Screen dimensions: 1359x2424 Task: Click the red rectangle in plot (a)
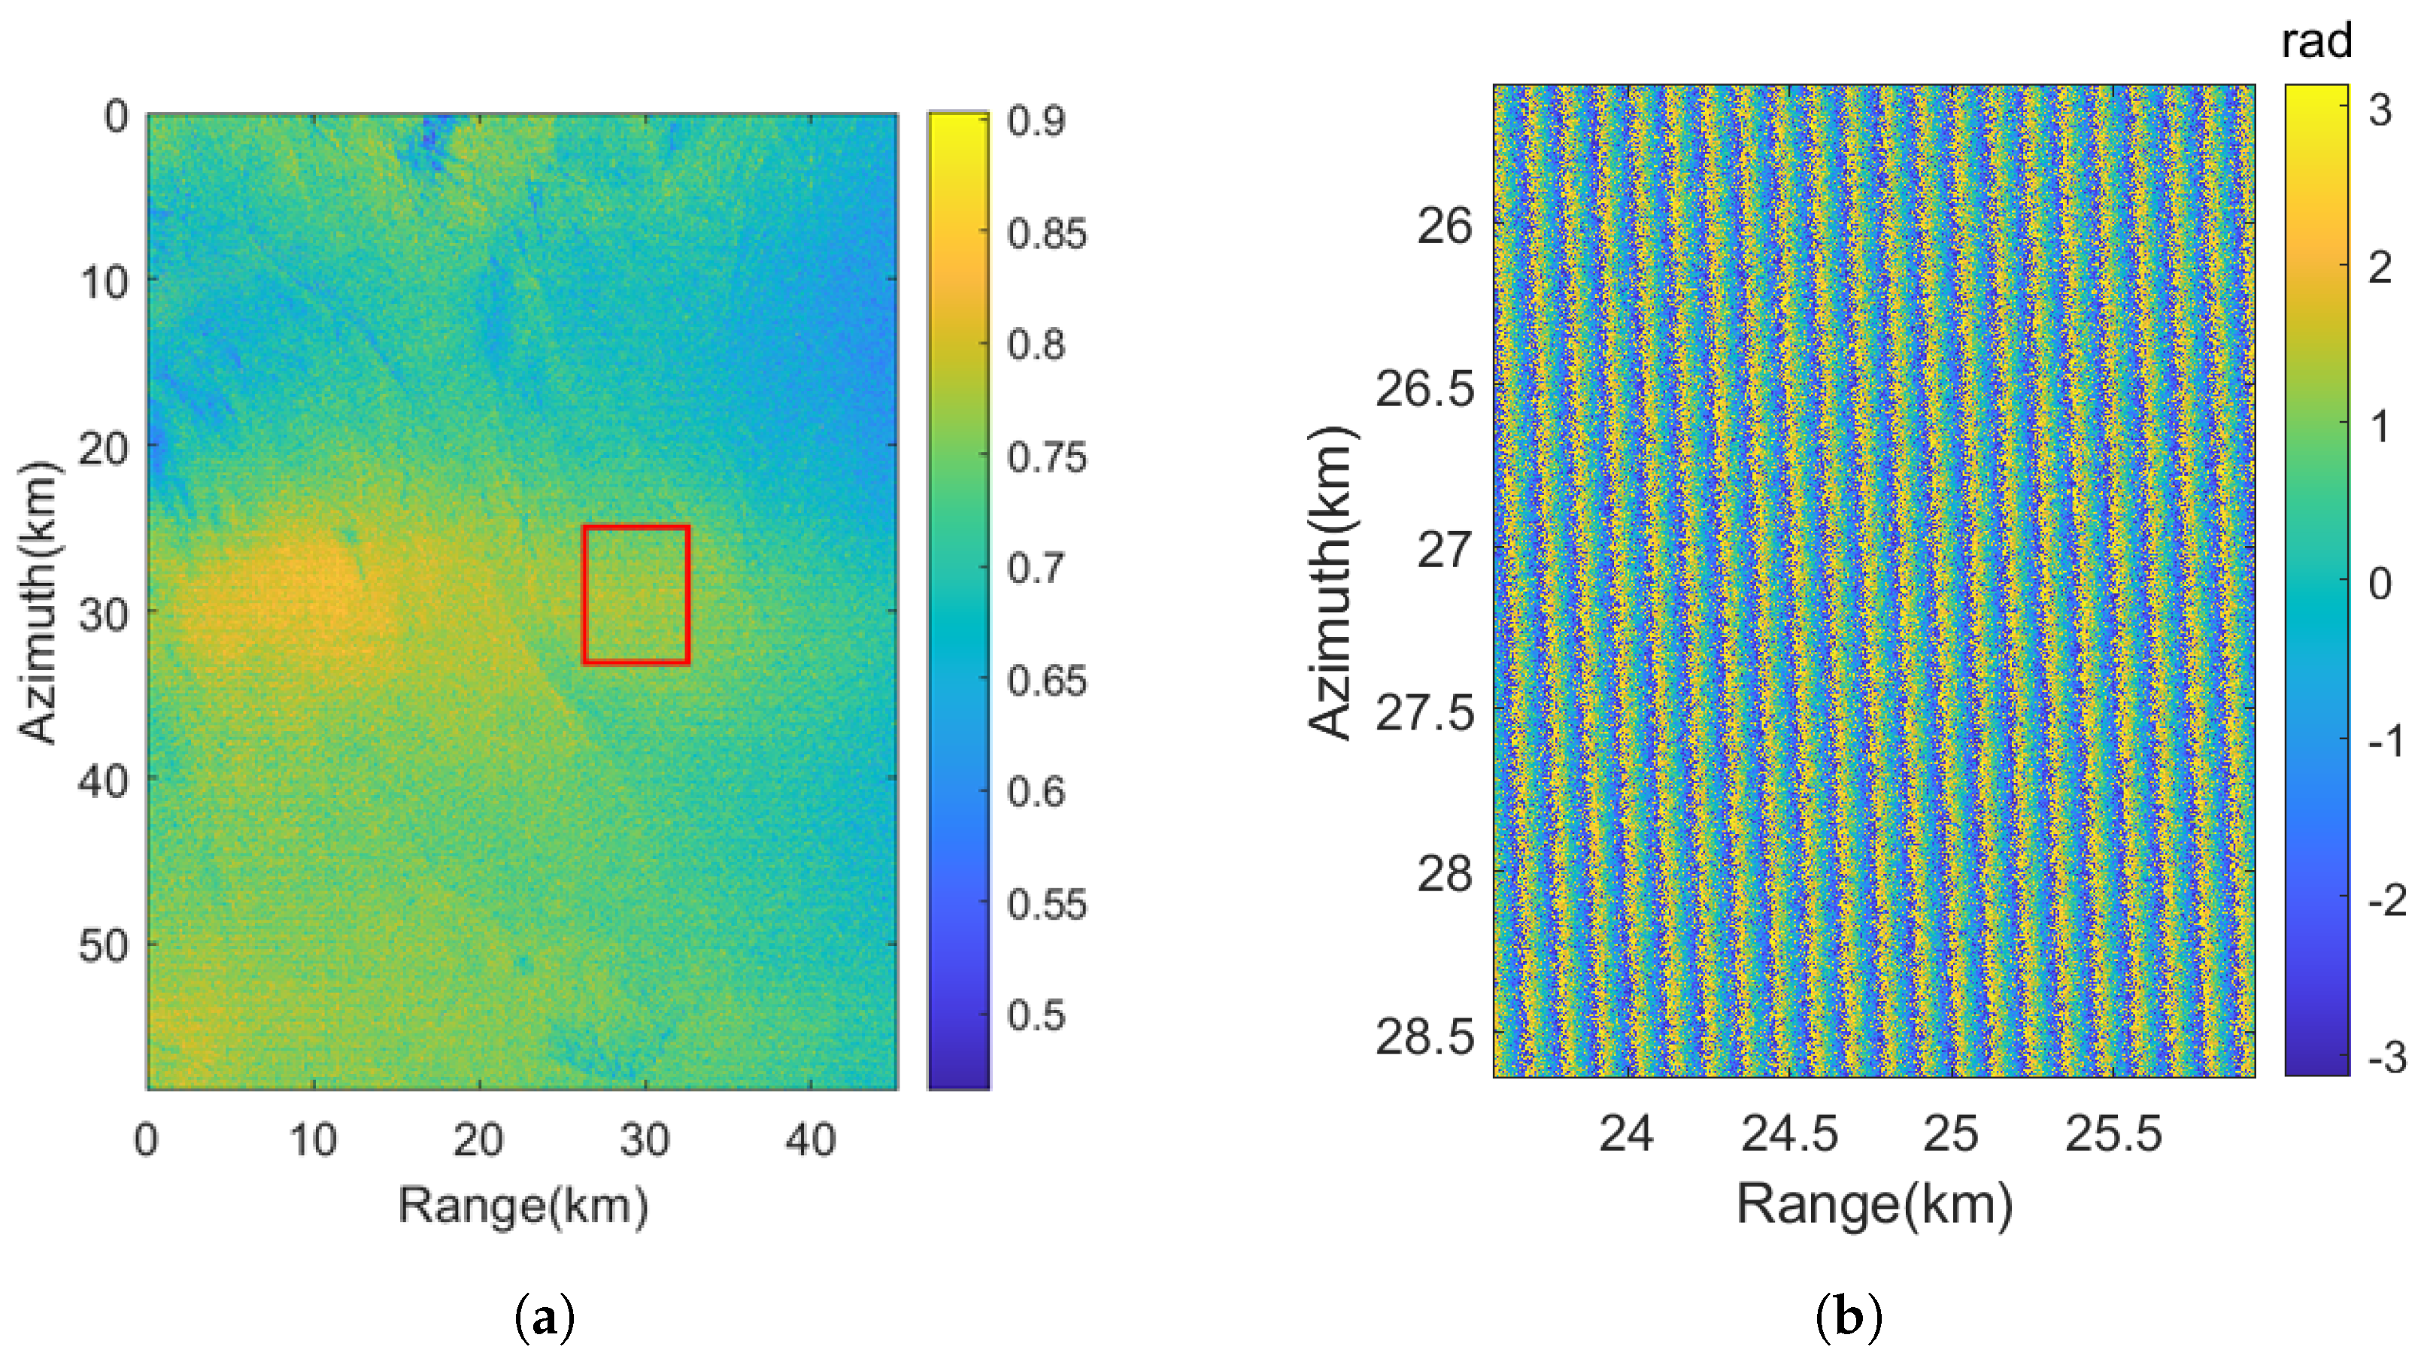tap(636, 595)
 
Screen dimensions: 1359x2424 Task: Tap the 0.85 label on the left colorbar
tap(1045, 233)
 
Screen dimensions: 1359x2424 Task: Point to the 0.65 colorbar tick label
tap(1045, 681)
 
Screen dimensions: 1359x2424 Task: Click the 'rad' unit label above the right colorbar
tap(2316, 41)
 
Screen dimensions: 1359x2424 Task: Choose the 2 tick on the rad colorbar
tap(2380, 268)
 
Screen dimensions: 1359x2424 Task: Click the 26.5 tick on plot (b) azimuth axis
tap(1424, 389)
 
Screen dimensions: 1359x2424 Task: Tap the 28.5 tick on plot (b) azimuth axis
tap(1424, 1037)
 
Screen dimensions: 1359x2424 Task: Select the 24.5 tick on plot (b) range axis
tap(1788, 1133)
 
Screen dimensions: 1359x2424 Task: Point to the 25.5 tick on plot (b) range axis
tap(2113, 1133)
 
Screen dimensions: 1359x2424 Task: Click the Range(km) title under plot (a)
tap(523, 1205)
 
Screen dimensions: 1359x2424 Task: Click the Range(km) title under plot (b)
tap(1873, 1205)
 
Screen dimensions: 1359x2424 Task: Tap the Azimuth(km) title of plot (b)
tap(1330, 584)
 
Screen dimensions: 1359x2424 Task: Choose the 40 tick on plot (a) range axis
tap(810, 1139)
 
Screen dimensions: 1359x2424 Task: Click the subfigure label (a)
tap(545, 1317)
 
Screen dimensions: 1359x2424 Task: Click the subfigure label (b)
tap(1848, 1317)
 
